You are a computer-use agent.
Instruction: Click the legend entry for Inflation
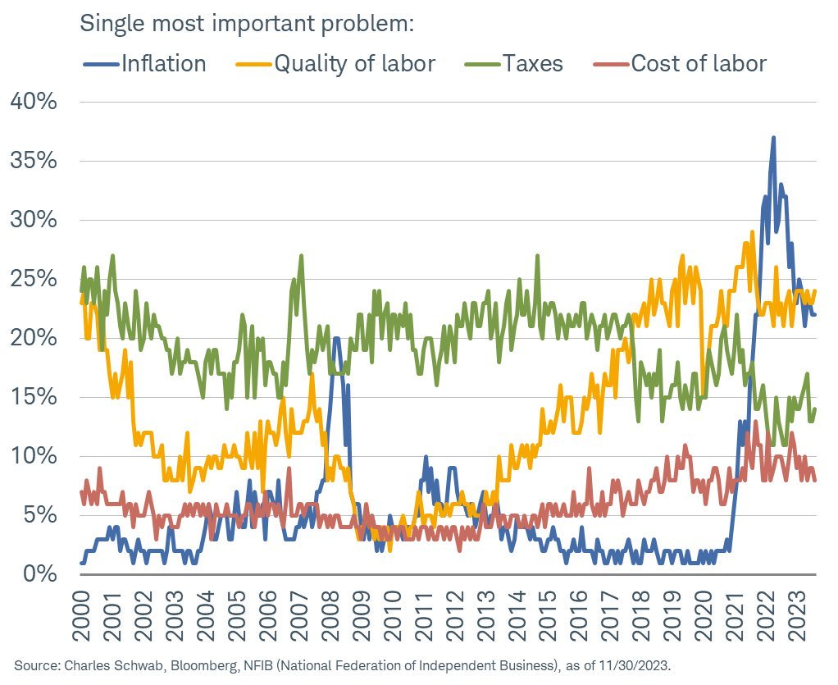click(x=163, y=64)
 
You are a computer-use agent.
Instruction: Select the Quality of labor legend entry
click(x=354, y=64)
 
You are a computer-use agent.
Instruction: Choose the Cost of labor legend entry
click(x=699, y=64)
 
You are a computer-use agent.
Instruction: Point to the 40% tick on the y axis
click(x=34, y=102)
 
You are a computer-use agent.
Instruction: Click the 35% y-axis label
click(x=34, y=161)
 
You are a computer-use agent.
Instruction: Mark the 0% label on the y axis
click(x=39, y=574)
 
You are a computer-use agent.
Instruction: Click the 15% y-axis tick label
click(x=34, y=397)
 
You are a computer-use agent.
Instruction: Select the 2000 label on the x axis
click(x=82, y=611)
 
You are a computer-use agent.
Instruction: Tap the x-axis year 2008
click(x=334, y=611)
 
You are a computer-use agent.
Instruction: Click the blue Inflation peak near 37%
click(x=772, y=138)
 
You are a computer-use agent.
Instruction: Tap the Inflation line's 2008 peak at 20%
click(x=336, y=338)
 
